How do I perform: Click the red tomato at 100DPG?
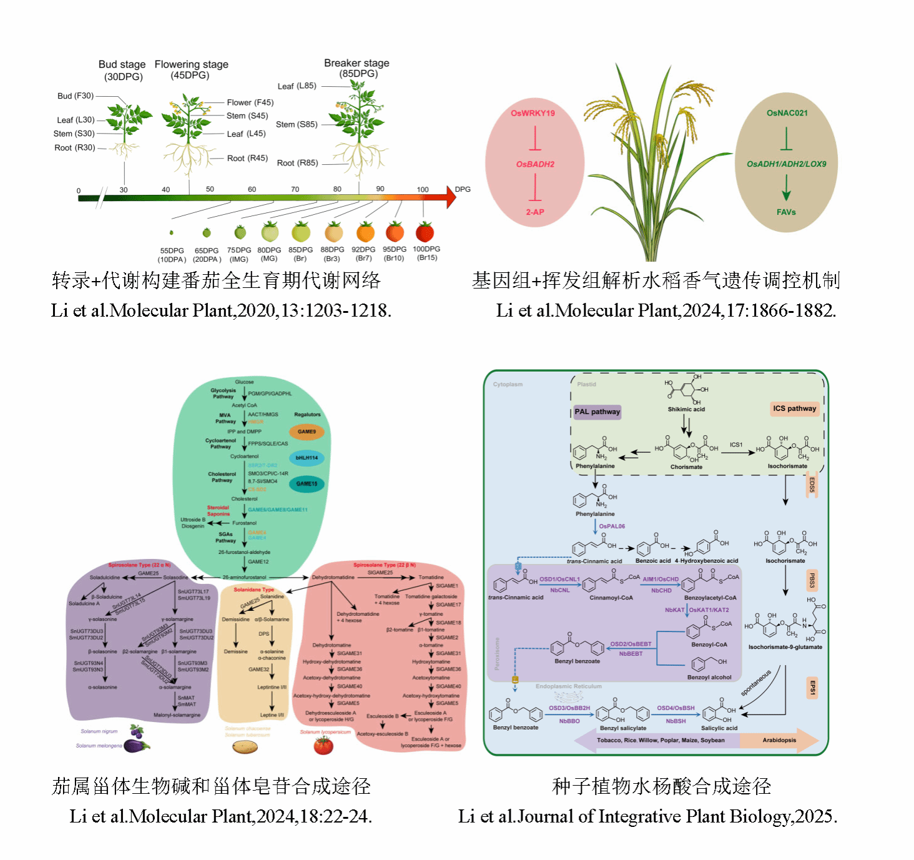click(425, 232)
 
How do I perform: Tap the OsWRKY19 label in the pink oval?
click(533, 113)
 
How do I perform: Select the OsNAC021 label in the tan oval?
click(787, 113)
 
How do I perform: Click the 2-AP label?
click(535, 212)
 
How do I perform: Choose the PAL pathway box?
click(597, 412)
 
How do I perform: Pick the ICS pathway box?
click(794, 408)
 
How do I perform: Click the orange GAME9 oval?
click(307, 432)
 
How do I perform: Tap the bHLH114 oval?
click(307, 458)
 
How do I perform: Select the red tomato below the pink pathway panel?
click(323, 745)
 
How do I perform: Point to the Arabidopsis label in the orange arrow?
click(779, 740)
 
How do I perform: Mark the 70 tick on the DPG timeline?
click(295, 189)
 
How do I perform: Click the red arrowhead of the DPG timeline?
click(451, 197)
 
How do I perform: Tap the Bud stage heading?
click(122, 64)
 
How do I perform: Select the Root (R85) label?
click(297, 163)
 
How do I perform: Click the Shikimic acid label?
click(686, 409)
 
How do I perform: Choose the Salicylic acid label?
click(719, 728)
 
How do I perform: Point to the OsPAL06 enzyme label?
click(612, 526)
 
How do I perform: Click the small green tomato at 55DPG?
click(171, 233)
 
